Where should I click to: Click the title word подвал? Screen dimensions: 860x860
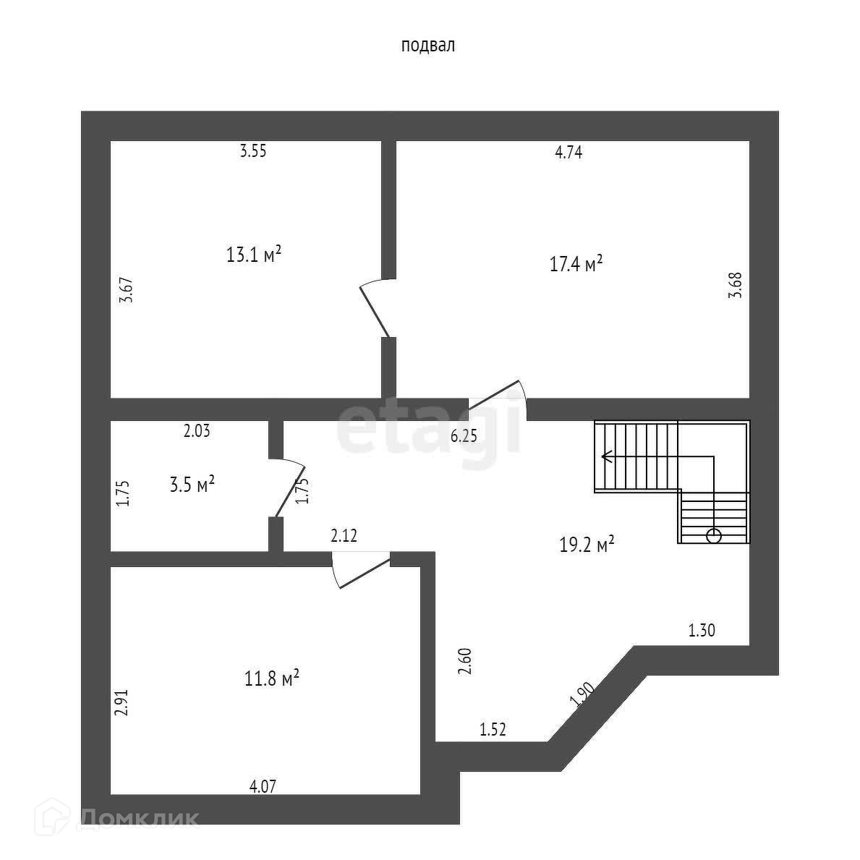pos(427,46)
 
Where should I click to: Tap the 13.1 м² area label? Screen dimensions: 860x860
pos(253,255)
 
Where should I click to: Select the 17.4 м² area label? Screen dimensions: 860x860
pos(576,264)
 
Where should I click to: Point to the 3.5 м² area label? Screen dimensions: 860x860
pos(192,484)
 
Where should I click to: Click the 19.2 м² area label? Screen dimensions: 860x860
pos(587,544)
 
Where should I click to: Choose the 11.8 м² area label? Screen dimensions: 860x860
pos(272,678)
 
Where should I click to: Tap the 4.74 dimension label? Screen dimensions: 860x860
pos(568,152)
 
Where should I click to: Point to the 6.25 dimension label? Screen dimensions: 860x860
pos(464,436)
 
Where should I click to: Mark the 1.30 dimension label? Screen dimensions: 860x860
pos(701,631)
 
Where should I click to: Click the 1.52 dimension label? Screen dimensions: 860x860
pos(493,730)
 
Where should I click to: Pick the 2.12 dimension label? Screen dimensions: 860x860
pos(344,536)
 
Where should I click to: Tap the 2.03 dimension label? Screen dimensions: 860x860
pos(197,432)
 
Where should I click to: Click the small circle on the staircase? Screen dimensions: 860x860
pos(713,535)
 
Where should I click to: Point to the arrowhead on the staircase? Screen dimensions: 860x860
pos(605,456)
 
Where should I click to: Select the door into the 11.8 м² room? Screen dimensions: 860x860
pos(362,569)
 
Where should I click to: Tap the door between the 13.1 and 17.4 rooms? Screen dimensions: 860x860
pos(375,310)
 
